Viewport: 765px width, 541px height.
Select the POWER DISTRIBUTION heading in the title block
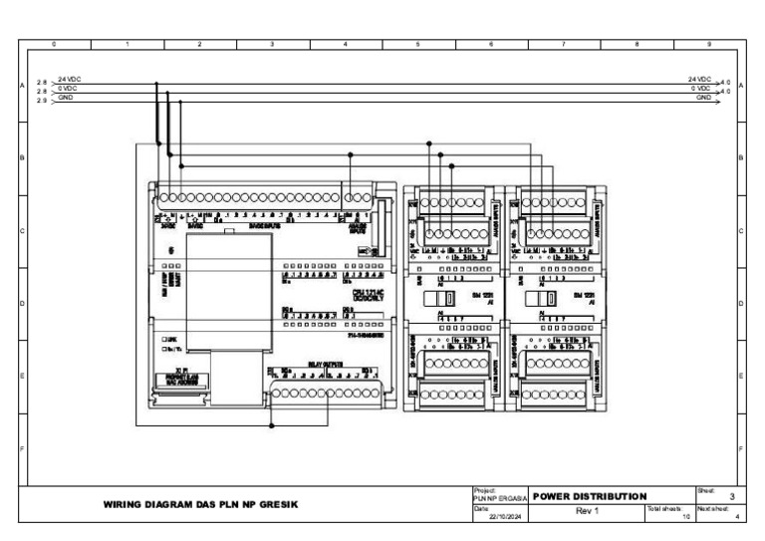click(x=591, y=496)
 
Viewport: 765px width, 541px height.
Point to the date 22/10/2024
click(x=508, y=516)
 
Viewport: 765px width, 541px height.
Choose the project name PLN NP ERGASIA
click(x=500, y=498)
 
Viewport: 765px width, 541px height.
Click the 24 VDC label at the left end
click(x=69, y=78)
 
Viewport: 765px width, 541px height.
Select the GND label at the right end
click(x=704, y=99)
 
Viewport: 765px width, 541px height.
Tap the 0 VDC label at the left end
click(x=68, y=89)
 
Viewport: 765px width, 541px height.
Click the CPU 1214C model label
click(x=353, y=292)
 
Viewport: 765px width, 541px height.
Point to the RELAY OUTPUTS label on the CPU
click(x=326, y=365)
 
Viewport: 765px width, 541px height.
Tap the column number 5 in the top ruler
click(x=417, y=45)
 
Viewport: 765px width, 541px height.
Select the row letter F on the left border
click(x=22, y=448)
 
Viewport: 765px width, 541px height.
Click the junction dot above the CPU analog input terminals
click(x=350, y=155)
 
